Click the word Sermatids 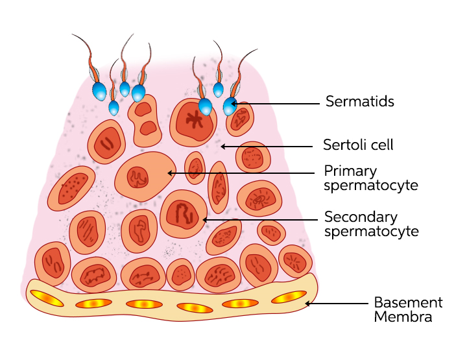(x=360, y=101)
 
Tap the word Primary (x=350, y=171)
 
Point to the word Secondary (x=361, y=216)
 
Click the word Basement (x=408, y=302)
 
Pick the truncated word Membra (x=403, y=317)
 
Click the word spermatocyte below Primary (x=371, y=186)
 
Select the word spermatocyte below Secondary (x=371, y=231)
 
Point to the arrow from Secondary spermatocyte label (x=259, y=220)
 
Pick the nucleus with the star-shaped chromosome (x=193, y=121)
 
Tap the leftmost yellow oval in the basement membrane (x=45, y=298)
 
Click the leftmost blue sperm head (x=99, y=91)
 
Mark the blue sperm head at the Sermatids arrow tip (x=230, y=105)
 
